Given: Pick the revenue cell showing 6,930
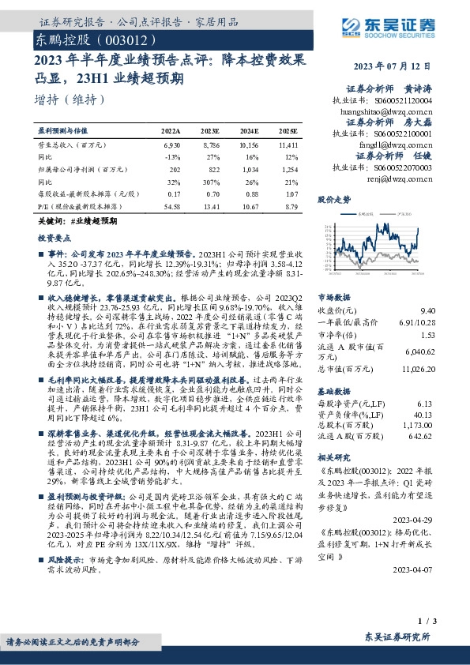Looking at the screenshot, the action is [171, 146].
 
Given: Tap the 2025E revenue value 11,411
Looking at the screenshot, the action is [288, 146].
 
